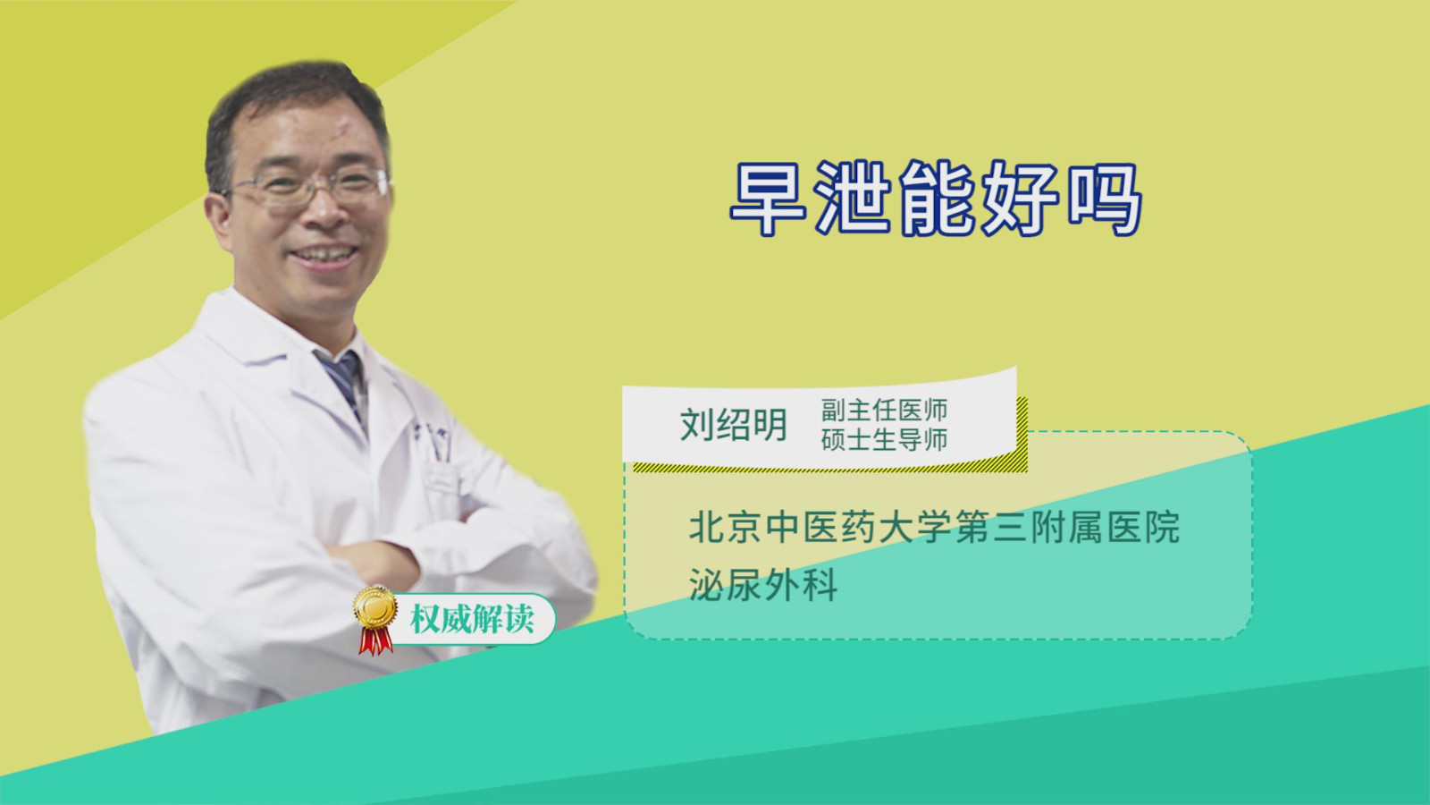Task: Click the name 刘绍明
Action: [x=734, y=425]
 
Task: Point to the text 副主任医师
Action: [x=884, y=411]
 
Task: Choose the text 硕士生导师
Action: [x=884, y=439]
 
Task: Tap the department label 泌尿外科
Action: [x=763, y=583]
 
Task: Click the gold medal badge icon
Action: [x=375, y=607]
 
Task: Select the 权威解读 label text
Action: [x=472, y=619]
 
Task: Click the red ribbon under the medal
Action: [x=376, y=640]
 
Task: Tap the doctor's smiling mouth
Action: [x=323, y=255]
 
